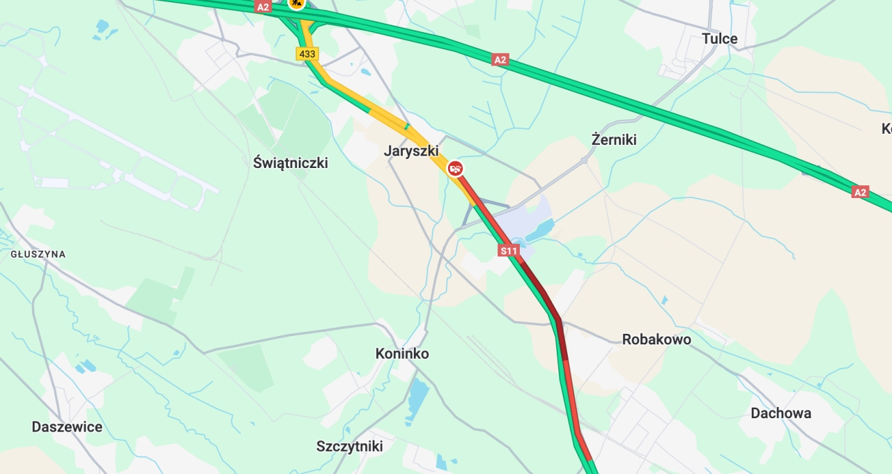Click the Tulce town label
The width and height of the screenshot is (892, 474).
719,39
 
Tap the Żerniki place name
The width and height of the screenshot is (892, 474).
614,139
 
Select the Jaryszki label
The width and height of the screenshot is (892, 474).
411,151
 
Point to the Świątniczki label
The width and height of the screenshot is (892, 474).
290,163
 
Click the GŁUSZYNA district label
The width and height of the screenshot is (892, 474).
38,254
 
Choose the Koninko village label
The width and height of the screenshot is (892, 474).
402,353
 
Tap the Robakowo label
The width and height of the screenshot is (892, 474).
656,339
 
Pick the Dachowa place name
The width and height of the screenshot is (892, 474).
780,413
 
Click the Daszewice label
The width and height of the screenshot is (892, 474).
67,427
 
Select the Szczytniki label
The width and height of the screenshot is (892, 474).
349,446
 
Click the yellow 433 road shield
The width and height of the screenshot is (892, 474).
307,54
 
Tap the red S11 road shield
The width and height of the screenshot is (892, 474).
509,250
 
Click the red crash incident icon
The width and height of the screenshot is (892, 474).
455,168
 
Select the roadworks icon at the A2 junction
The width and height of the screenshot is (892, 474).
297,3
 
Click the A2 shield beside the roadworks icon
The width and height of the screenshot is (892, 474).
263,7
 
